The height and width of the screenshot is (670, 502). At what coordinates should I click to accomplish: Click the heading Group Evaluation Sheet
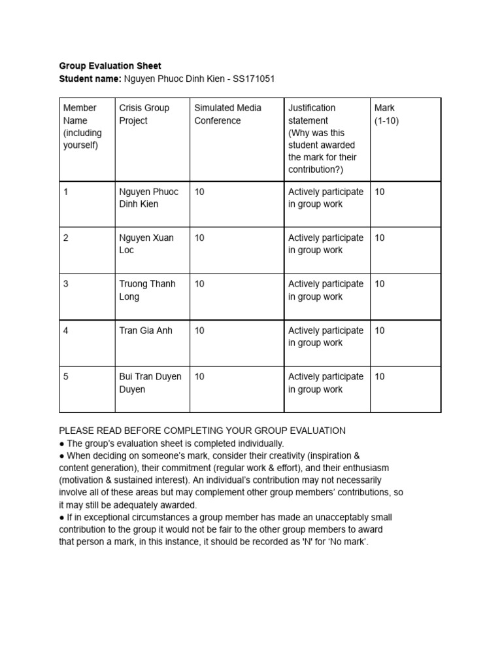pos(110,66)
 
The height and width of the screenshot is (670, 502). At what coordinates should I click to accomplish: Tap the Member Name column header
pos(80,126)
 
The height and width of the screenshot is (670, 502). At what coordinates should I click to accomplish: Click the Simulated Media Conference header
pos(227,114)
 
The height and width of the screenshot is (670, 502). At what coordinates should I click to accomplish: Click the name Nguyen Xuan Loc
pos(146,243)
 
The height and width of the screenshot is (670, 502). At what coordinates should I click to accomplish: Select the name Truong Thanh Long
pos(147,290)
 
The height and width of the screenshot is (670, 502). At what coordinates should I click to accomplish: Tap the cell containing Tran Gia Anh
pos(146,330)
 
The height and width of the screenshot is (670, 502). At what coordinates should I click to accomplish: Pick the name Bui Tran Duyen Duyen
pos(150,383)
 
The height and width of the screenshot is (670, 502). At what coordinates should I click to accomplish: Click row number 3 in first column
pos(66,284)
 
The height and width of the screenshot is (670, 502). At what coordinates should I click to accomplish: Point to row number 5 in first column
pos(66,377)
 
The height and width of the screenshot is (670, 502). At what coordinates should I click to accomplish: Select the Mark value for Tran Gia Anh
pos(380,330)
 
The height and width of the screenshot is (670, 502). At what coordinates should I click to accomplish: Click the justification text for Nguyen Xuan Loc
pos(326,243)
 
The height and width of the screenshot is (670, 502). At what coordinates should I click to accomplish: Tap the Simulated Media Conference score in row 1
pos(199,191)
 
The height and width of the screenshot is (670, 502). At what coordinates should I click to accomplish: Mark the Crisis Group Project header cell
pos(144,114)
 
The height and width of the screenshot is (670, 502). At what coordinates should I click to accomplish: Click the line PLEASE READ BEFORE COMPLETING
pos(202,431)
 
